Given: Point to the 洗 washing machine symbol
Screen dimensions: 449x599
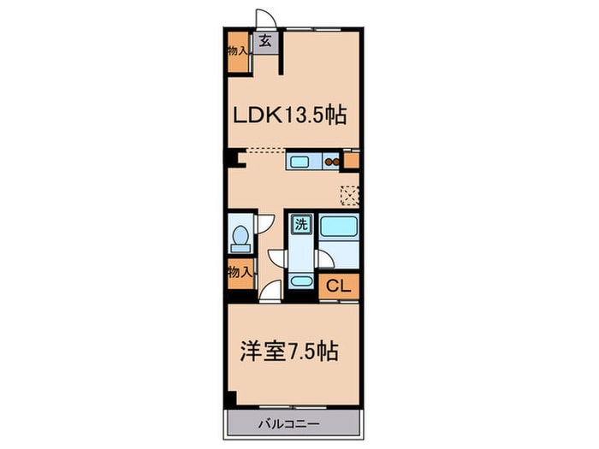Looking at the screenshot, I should point(301,225).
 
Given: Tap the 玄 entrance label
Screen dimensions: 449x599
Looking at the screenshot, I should point(266,41).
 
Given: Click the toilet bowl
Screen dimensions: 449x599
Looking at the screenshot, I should point(240,234).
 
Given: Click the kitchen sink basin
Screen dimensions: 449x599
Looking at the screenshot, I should point(300,159).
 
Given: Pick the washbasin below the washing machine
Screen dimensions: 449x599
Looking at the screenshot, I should point(301,281).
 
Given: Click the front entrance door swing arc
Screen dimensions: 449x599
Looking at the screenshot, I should point(268,19).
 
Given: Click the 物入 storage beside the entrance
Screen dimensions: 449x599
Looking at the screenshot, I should point(238,50).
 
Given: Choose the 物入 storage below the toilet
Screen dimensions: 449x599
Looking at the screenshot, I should point(240,274).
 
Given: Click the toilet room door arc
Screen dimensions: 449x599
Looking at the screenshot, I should point(266,222).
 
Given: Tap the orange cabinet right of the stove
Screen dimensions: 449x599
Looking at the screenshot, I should point(352,159).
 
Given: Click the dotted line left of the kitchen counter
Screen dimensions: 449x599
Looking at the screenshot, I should point(265,151).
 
